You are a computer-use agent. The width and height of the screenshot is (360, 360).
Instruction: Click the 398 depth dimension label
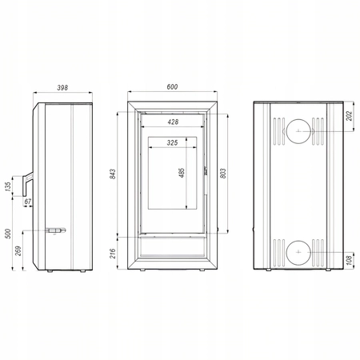[62, 88]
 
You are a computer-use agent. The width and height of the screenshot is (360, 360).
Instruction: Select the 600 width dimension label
[172, 87]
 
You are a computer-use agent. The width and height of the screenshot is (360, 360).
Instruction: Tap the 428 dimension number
[173, 122]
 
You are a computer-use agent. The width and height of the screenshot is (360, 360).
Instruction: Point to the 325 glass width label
[172, 142]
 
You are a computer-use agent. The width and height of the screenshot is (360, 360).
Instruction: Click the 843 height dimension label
[113, 174]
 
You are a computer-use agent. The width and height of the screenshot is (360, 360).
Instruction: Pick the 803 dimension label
[223, 174]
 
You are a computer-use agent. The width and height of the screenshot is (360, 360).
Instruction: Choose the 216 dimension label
[113, 254]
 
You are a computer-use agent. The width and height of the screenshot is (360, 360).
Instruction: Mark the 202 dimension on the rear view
[349, 116]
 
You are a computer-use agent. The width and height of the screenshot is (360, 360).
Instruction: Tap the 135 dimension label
[8, 186]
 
